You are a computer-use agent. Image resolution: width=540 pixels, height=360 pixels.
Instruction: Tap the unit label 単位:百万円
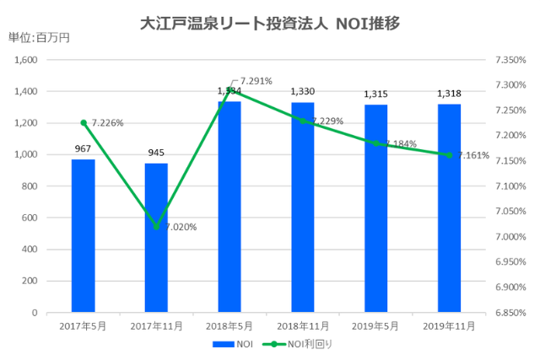click(39, 38)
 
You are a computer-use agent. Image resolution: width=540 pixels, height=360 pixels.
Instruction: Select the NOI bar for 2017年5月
click(83, 236)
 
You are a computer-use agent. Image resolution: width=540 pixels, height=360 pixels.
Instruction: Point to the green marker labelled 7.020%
click(156, 226)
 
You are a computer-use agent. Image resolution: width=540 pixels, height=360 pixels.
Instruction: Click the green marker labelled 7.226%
click(83, 122)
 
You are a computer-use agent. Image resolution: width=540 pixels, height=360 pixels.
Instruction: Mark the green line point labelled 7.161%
click(449, 155)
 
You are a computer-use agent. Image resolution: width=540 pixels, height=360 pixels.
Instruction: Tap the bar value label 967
click(83, 150)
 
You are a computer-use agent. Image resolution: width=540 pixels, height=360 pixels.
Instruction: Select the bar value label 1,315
click(376, 94)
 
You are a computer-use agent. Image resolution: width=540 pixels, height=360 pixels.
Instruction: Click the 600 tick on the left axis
click(31, 218)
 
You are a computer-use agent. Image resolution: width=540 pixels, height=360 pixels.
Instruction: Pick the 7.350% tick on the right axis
click(509, 60)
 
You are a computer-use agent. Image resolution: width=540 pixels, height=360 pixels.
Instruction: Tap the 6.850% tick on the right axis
click(509, 313)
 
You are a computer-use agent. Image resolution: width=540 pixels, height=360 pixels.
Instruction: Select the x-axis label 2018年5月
click(229, 325)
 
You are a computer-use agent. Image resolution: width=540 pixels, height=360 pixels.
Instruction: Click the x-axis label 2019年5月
click(376, 325)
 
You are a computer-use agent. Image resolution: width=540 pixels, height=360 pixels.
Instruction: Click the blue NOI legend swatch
click(223, 344)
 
